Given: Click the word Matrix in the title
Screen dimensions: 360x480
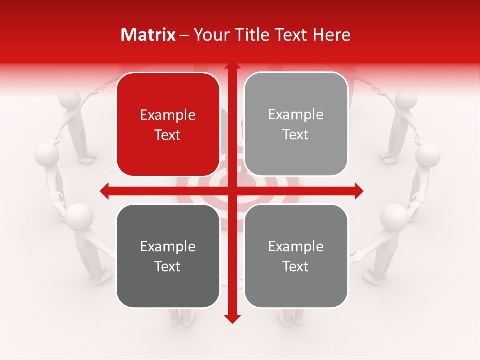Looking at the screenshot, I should click(148, 35).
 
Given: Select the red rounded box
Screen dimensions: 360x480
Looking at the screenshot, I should click(168, 124).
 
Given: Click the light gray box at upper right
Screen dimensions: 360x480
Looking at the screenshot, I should click(296, 124).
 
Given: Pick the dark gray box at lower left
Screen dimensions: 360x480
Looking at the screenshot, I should click(168, 256).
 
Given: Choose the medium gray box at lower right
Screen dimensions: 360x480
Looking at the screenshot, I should click(296, 256).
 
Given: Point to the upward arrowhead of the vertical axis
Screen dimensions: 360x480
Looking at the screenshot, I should click(232, 67).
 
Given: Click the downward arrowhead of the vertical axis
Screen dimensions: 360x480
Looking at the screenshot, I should click(232, 318).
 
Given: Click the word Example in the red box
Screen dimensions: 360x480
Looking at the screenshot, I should click(168, 115).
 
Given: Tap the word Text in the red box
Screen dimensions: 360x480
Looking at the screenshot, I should click(168, 135).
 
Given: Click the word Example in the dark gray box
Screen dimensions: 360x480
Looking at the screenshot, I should click(168, 246).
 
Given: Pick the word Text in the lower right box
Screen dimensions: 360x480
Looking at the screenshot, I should click(296, 266).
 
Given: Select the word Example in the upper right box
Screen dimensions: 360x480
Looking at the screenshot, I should click(296, 115).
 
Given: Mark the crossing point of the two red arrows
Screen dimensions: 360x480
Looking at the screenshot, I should click(232, 191).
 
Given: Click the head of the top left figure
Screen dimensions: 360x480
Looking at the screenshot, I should click(70, 99).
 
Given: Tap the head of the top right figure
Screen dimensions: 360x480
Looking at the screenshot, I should click(406, 99).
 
